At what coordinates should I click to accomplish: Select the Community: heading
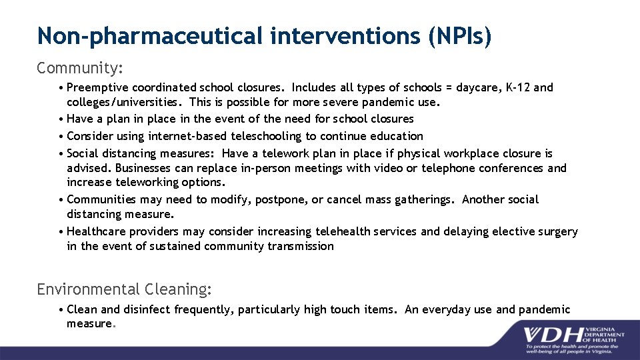click(81, 68)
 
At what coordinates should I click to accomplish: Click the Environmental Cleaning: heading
click(125, 289)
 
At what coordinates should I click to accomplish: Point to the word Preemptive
click(98, 87)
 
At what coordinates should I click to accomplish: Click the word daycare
click(478, 87)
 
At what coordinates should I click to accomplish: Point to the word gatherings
click(423, 200)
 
